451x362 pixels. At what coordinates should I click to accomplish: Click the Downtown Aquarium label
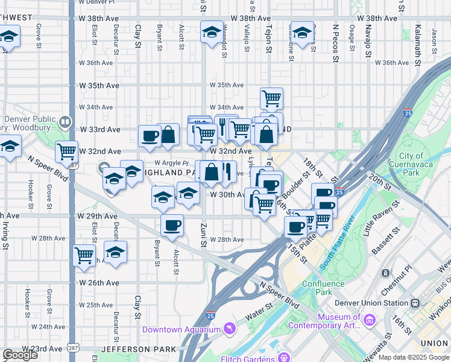click(181, 329)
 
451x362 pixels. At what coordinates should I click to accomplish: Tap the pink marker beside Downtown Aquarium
click(229, 328)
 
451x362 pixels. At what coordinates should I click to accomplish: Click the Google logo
click(20, 355)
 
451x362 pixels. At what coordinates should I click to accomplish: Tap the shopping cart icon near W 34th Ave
click(272, 98)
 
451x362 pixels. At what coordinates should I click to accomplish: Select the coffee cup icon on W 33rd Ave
click(150, 136)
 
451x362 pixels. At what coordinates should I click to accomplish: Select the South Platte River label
click(336, 248)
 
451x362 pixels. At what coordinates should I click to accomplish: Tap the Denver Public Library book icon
click(64, 122)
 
